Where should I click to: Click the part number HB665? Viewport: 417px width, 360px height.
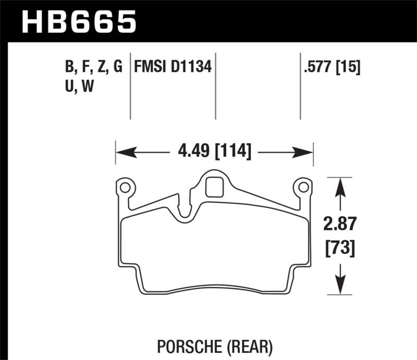pyautogui.click(x=79, y=21)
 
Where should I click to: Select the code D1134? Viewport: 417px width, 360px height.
pyautogui.click(x=193, y=67)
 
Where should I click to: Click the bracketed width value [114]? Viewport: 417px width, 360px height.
pyautogui.click(x=232, y=153)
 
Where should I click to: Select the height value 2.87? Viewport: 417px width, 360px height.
pyautogui.click(x=340, y=226)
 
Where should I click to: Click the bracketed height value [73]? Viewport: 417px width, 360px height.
pyautogui.click(x=340, y=247)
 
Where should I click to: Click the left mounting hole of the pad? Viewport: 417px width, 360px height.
pyautogui.click(x=125, y=186)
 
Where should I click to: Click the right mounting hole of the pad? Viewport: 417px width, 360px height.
pyautogui.click(x=302, y=186)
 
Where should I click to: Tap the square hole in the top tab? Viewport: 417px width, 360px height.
pyautogui.click(x=214, y=187)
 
